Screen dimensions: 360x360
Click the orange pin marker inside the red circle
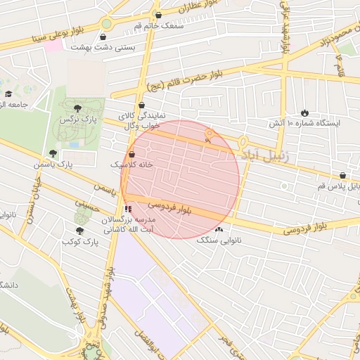click(209, 134)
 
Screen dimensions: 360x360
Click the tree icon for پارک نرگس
click(77, 108)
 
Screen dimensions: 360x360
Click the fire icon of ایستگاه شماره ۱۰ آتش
click(304, 112)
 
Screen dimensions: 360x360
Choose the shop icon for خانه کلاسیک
click(131, 153)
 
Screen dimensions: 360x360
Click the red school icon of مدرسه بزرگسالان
click(127, 209)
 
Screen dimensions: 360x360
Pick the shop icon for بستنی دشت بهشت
click(104, 37)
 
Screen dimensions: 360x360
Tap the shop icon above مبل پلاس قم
click(342, 176)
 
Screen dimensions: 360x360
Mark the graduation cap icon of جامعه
click(8, 94)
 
